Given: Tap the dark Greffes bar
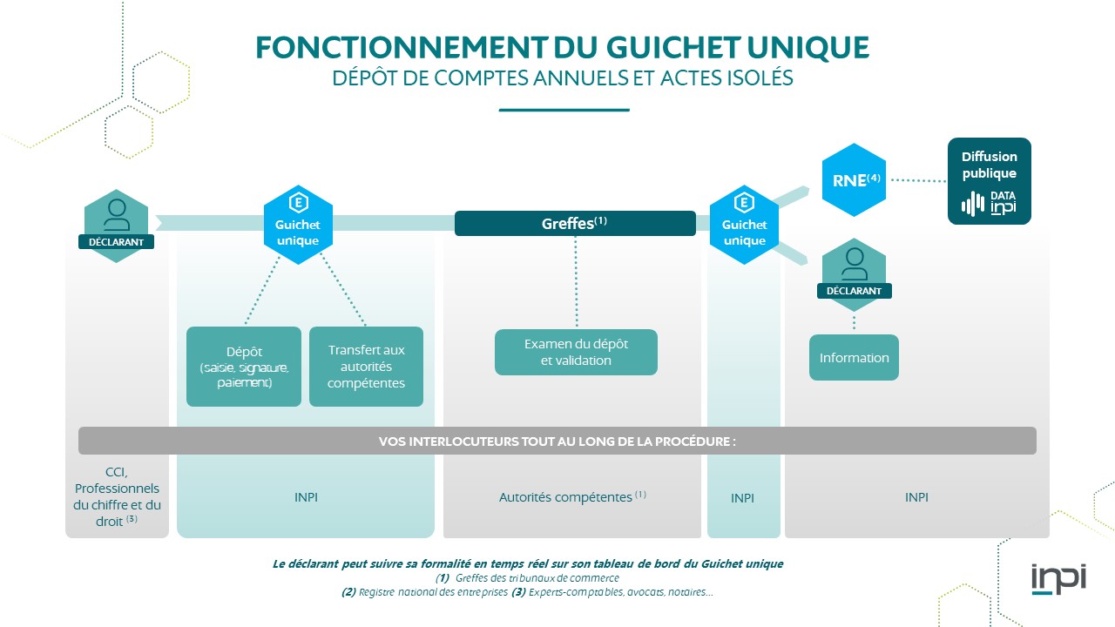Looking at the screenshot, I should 575,223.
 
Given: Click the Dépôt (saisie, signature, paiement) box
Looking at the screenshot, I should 244,367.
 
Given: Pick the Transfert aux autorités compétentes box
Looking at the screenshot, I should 366,367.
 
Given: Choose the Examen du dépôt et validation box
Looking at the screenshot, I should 576,352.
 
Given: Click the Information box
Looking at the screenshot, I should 854,357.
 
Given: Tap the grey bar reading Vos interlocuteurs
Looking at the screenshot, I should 557,441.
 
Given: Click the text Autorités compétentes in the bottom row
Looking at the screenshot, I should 565,497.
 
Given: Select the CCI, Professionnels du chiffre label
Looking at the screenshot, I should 117,496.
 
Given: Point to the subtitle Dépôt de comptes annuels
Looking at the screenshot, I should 563,78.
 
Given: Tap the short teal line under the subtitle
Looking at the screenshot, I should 564,111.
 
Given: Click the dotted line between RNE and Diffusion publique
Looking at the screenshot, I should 919,181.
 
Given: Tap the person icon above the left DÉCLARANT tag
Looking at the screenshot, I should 116,213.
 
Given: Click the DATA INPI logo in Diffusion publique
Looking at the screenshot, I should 989,204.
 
